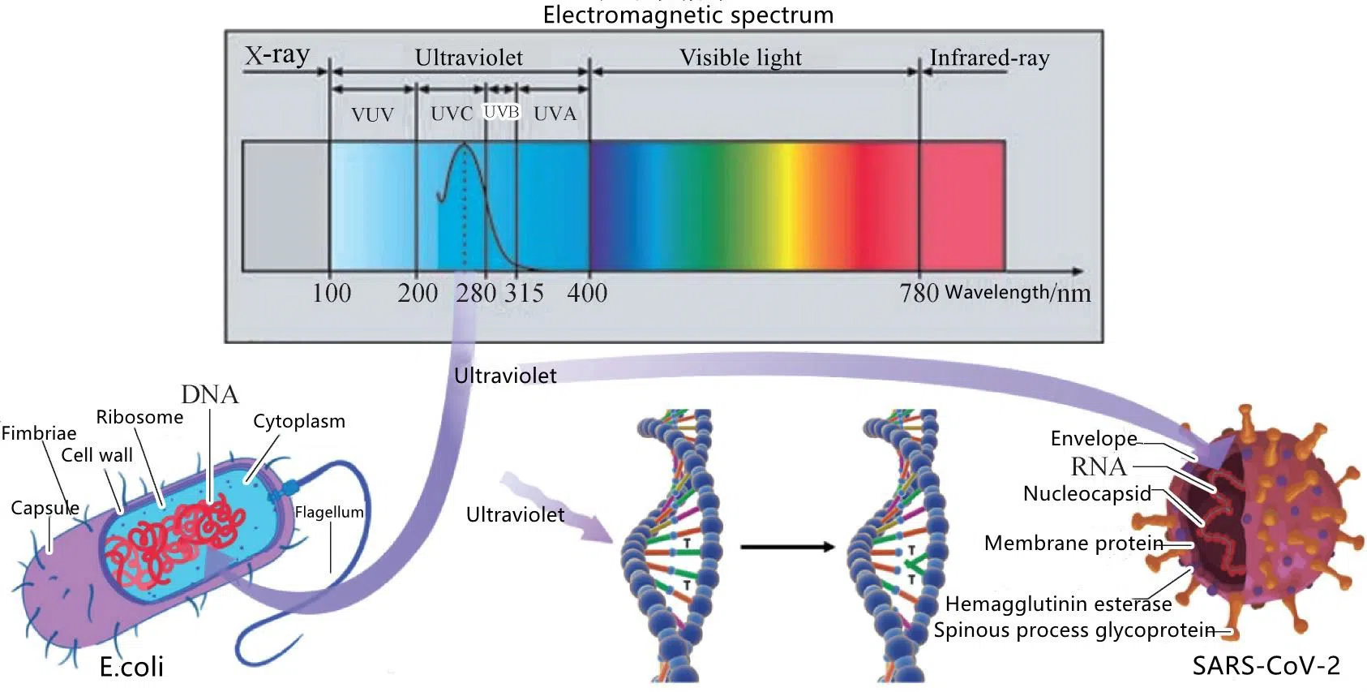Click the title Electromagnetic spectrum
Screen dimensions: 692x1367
[688, 15]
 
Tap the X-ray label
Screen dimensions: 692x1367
[277, 55]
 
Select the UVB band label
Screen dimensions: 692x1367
[501, 112]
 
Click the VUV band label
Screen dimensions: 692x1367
[372, 114]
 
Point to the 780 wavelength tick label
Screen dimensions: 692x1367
[919, 293]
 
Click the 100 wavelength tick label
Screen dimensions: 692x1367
[331, 293]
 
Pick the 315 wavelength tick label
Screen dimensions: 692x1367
[524, 293]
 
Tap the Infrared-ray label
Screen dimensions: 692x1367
[989, 58]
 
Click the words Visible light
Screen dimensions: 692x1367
[740, 58]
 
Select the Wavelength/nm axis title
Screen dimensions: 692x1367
[1018, 293]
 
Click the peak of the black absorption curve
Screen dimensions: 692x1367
[465, 144]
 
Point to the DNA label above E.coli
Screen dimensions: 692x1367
[210, 395]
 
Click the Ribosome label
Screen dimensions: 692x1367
[139, 417]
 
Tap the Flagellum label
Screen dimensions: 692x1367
[328, 512]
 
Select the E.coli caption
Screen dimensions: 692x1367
[131, 667]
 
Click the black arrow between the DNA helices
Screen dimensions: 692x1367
[786, 546]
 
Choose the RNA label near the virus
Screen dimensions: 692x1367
[1099, 466]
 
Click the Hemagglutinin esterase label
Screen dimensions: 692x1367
[1058, 604]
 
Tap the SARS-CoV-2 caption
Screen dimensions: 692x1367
[1266, 666]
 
